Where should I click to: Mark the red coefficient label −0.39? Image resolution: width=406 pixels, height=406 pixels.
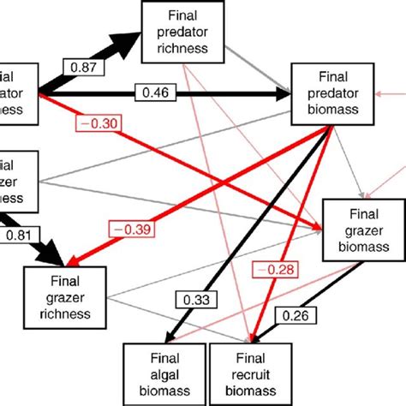tap(126, 230)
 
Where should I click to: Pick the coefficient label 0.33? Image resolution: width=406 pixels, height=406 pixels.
tap(196, 300)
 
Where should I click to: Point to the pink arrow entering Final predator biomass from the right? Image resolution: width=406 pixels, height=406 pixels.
tap(385, 93)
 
